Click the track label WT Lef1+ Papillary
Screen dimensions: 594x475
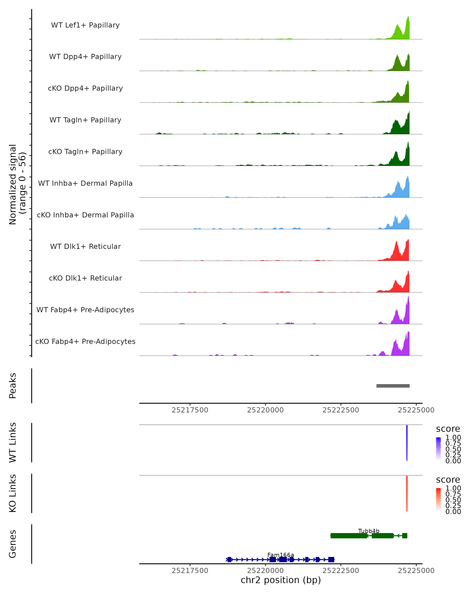pyautogui.click(x=85, y=25)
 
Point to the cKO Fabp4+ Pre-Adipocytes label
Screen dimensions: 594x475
pyautogui.click(x=85, y=341)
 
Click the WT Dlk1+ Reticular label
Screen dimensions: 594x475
pyautogui.click(x=85, y=246)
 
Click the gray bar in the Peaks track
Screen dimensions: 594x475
pyautogui.click(x=393, y=386)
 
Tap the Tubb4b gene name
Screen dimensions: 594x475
pyautogui.click(x=369, y=531)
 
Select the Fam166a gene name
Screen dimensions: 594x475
pyautogui.click(x=281, y=555)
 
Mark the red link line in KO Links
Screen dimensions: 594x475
pyautogui.click(x=407, y=493)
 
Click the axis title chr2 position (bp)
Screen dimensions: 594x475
pyautogui.click(x=281, y=580)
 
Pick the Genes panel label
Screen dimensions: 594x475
pyautogui.click(x=13, y=544)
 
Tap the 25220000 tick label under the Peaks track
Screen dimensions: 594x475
pyautogui.click(x=265, y=410)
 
